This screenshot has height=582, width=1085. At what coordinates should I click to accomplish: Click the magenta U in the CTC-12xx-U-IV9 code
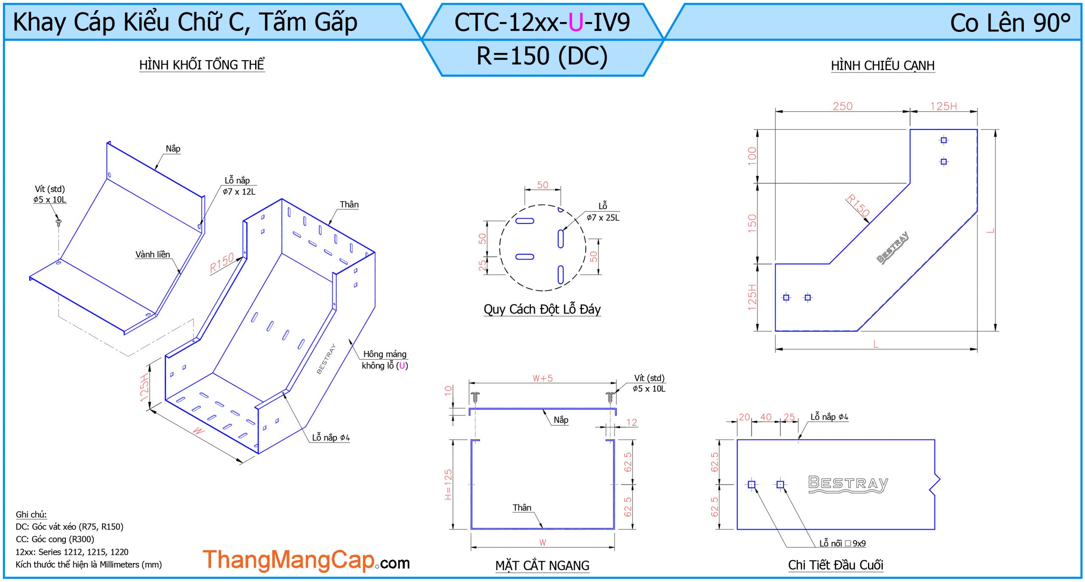click(576, 22)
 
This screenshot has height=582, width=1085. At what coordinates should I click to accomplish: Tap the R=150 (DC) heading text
click(542, 56)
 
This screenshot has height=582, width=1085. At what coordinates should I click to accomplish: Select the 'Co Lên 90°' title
click(1010, 22)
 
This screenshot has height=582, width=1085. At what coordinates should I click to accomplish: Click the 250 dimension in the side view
click(842, 106)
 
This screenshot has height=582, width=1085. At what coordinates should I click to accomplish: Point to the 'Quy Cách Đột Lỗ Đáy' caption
click(542, 309)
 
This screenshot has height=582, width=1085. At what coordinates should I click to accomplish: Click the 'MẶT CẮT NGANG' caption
click(542, 565)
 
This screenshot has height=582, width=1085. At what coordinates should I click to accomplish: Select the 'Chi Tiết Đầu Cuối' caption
click(835, 565)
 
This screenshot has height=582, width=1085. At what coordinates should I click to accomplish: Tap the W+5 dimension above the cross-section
click(542, 378)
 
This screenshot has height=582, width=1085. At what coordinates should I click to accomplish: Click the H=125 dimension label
click(448, 484)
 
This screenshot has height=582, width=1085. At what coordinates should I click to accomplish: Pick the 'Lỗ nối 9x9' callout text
click(842, 543)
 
